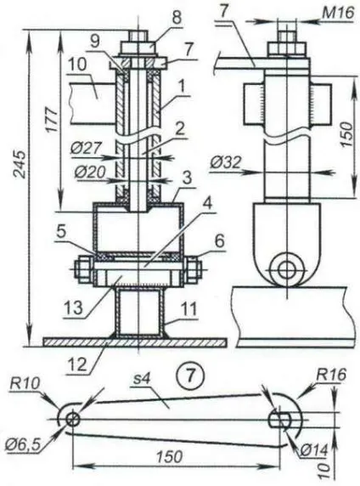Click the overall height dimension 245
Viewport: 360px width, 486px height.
tap(21, 164)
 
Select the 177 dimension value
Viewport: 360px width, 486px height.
tap(52, 120)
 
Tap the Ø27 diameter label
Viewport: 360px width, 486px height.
tap(85, 149)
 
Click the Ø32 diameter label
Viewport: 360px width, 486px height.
tap(225, 161)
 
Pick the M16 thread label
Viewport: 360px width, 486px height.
tap(338, 14)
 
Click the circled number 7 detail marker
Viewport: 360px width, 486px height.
tap(190, 376)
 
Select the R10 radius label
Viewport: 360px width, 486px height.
tap(25, 384)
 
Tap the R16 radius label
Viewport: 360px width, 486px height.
tap(331, 375)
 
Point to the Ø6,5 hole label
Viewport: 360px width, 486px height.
tap(23, 445)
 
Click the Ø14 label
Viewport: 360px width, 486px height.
tap(313, 449)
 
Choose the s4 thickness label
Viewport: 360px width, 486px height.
tap(141, 381)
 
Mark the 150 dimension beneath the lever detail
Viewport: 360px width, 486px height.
tap(170, 456)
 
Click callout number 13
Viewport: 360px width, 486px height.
tap(73, 308)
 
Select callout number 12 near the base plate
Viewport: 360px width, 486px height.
tap(76, 364)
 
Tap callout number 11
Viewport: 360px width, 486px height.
tap(188, 309)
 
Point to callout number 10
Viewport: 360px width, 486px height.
tap(78, 65)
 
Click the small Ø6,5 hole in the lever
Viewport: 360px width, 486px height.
tap(73, 420)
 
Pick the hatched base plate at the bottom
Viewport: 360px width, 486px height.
tap(135, 342)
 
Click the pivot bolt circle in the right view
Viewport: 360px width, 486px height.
tap(285, 269)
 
